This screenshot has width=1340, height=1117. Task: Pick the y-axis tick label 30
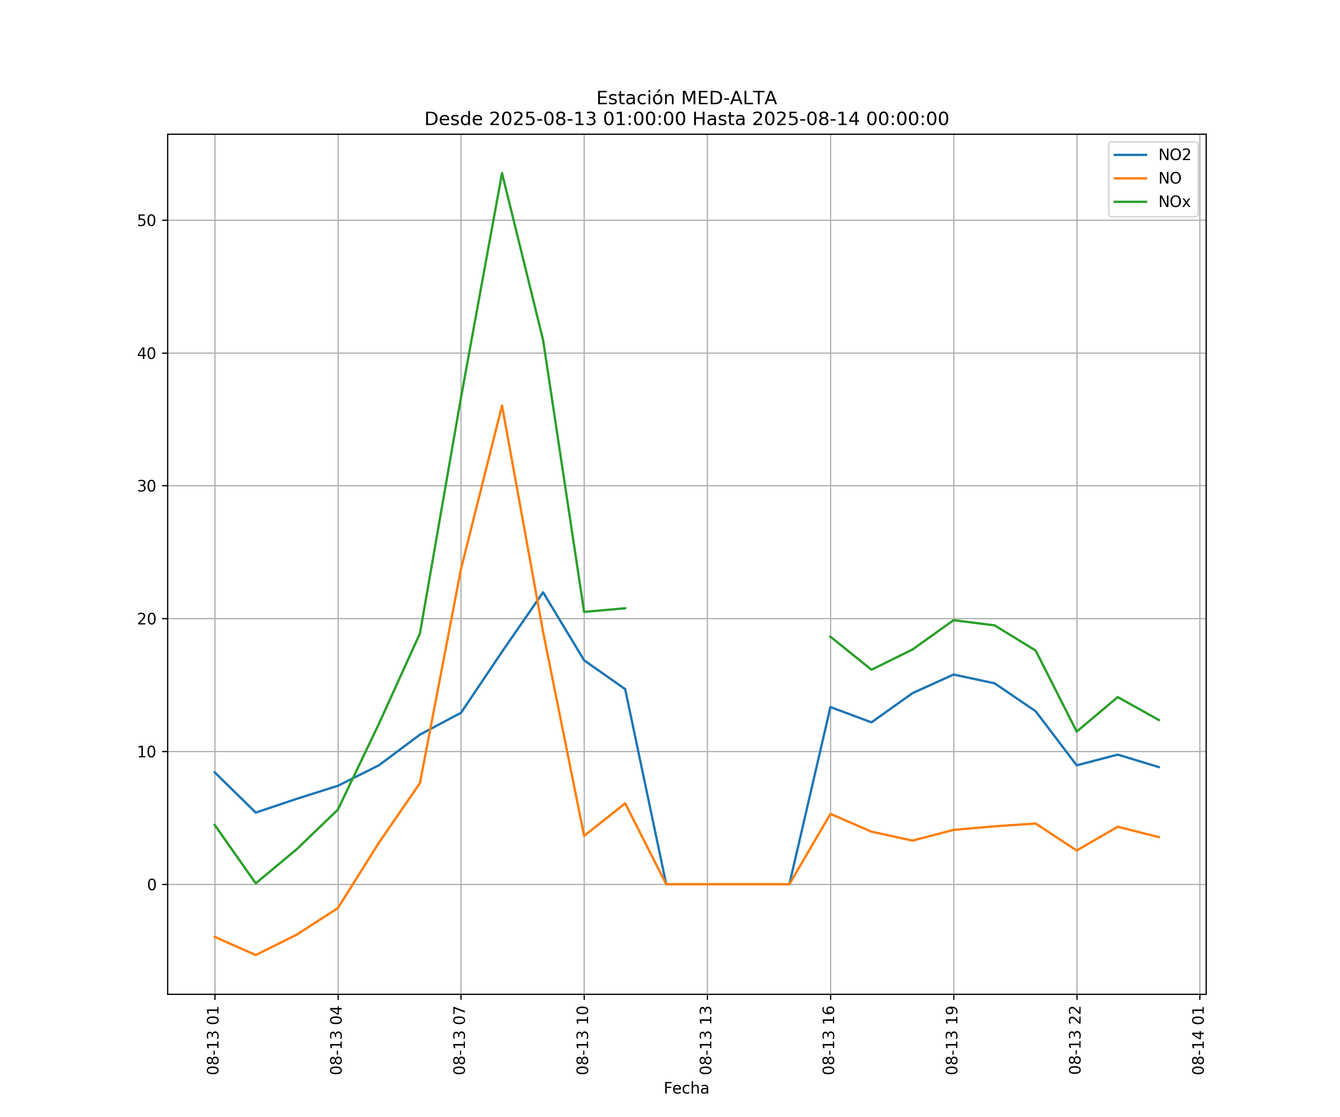pos(146,486)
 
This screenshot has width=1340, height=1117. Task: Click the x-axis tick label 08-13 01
pos(213,1040)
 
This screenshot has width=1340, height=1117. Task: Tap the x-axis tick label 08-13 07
pos(459,1040)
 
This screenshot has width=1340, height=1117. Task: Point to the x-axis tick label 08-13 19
pos(952,1040)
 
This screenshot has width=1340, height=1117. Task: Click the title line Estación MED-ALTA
pos(686,98)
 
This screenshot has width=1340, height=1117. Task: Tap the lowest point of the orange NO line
pos(256,955)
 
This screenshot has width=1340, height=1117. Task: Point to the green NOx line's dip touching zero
pos(256,884)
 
